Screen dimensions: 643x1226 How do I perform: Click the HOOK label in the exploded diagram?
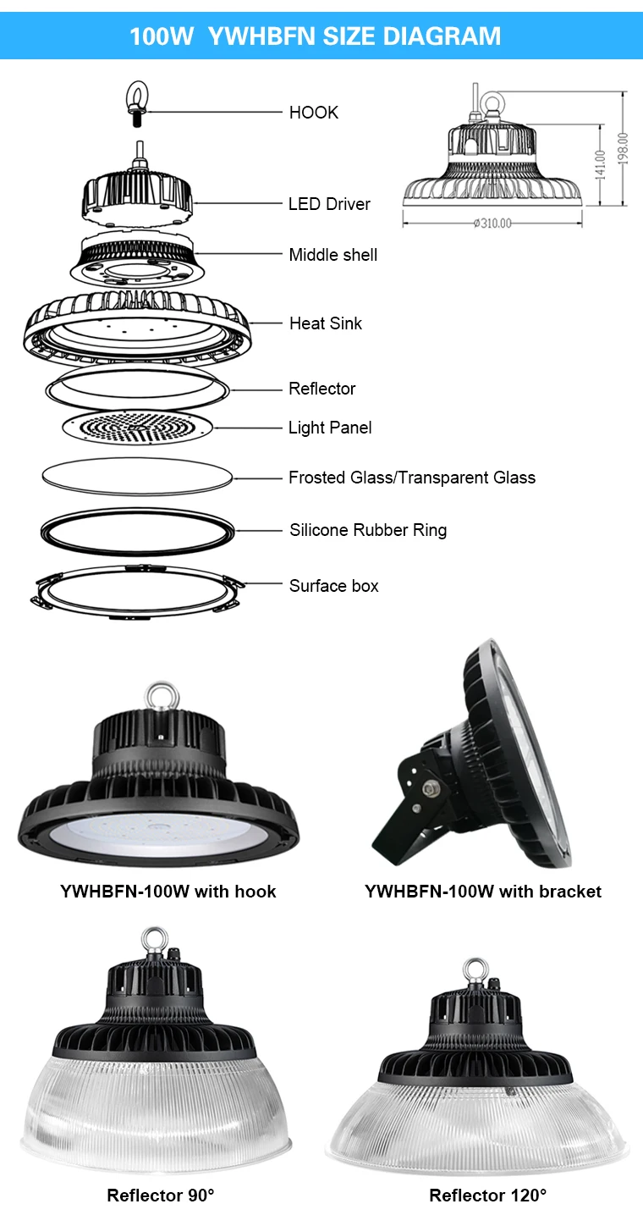click(x=313, y=113)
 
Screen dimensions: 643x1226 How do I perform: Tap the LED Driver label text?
click(x=329, y=204)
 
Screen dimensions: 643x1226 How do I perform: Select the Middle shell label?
click(x=332, y=255)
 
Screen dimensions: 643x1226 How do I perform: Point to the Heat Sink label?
click(x=325, y=323)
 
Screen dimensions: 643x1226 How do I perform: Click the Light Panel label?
click(x=330, y=428)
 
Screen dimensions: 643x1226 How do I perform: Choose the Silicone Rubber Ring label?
click(x=367, y=531)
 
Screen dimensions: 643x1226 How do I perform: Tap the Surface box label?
click(x=333, y=586)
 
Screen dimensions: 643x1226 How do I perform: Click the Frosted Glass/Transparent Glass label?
click(x=411, y=478)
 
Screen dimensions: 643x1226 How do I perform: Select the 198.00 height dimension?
click(x=624, y=150)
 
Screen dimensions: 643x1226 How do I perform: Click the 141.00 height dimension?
click(x=601, y=165)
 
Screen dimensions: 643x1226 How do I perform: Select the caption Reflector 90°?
click(x=161, y=1196)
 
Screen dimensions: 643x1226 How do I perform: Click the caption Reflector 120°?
click(x=487, y=1196)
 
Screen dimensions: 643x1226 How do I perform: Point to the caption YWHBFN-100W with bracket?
click(x=482, y=892)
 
